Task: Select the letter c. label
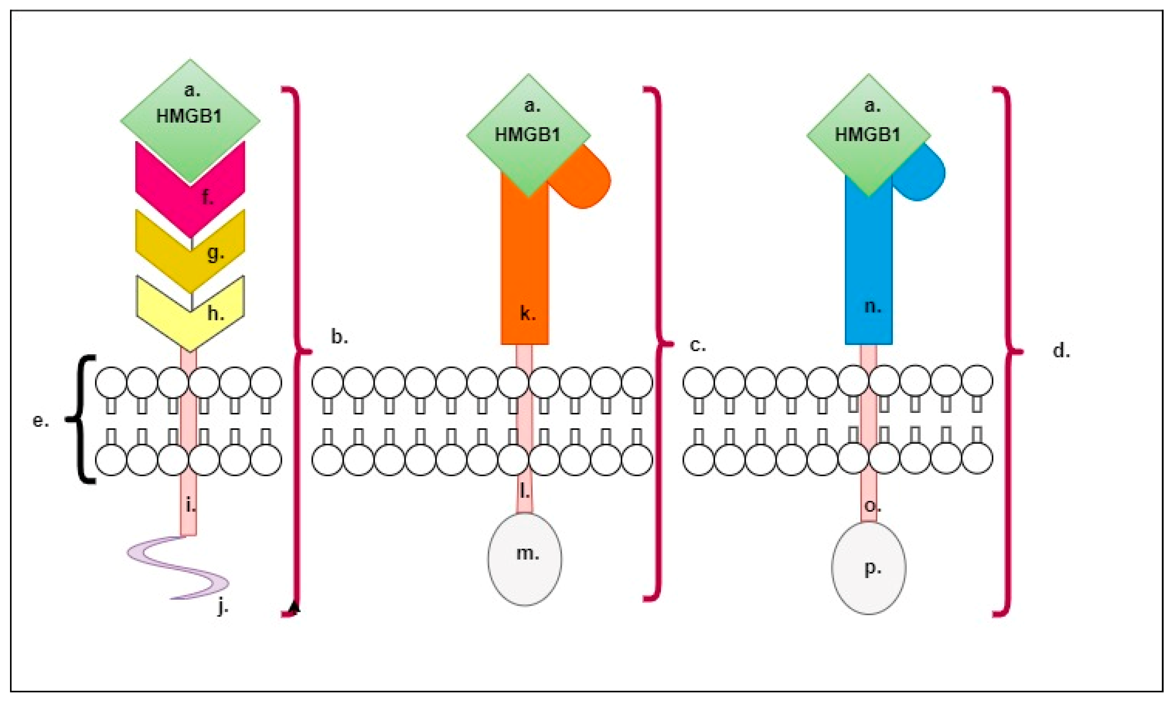[x=698, y=346]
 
